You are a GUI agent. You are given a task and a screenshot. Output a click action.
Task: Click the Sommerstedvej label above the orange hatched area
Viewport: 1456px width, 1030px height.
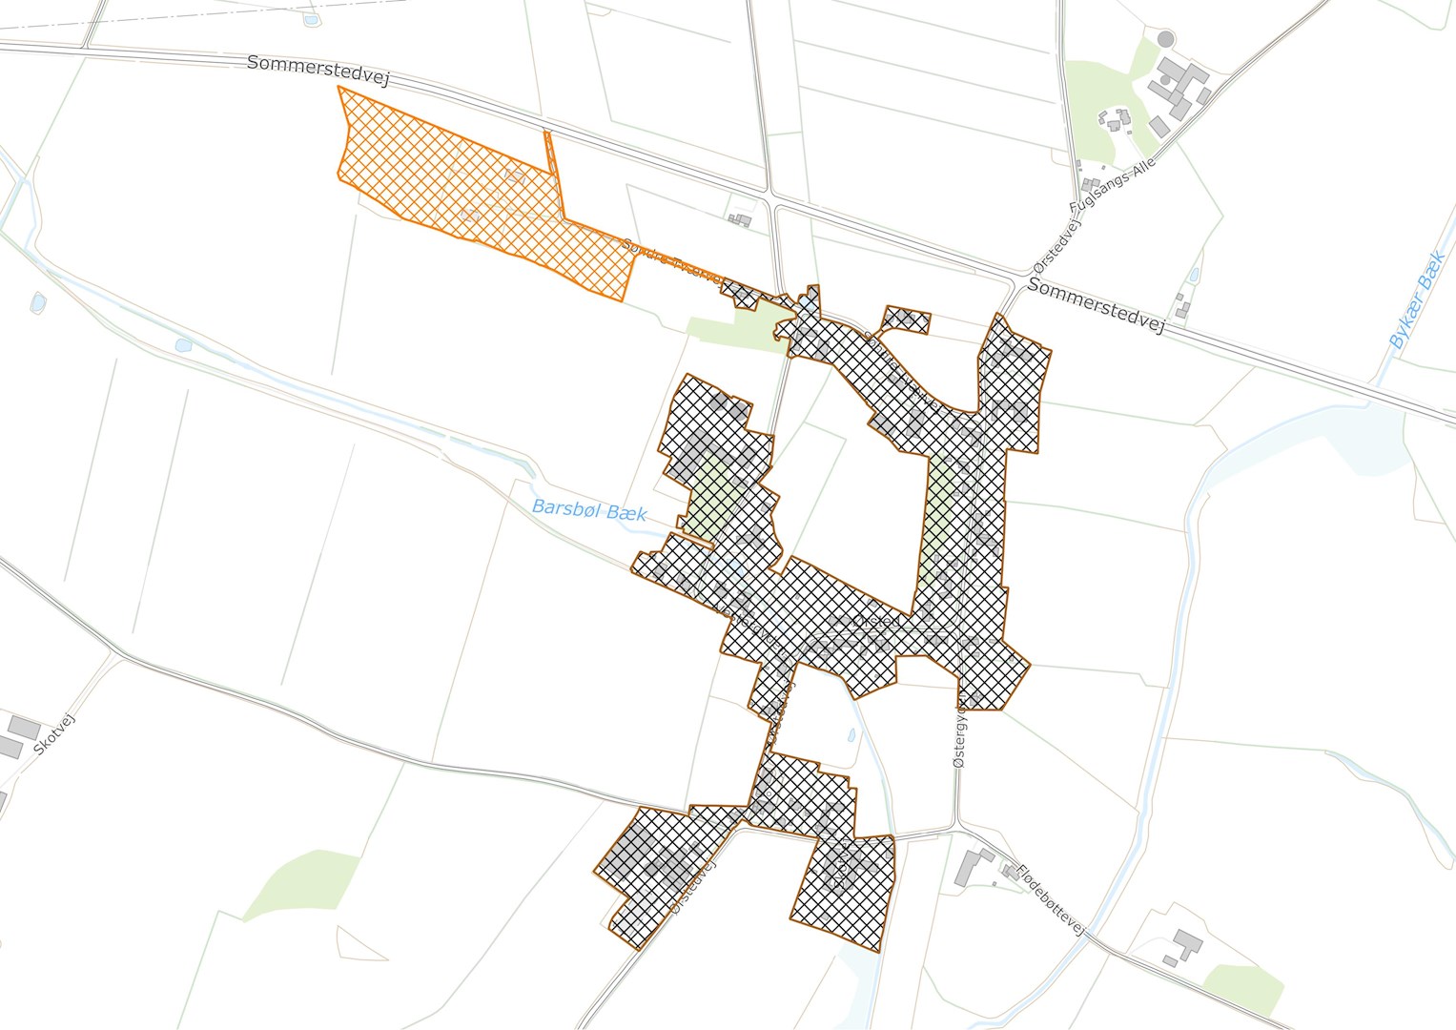tap(318, 70)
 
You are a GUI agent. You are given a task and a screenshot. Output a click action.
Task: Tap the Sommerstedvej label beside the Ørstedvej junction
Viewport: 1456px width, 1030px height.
tap(1097, 306)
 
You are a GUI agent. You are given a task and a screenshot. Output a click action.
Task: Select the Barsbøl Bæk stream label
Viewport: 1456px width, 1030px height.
tap(589, 510)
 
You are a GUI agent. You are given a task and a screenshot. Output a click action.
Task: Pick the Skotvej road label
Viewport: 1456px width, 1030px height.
tap(53, 733)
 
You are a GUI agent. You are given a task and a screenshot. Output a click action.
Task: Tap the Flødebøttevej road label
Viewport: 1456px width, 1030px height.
tap(1051, 900)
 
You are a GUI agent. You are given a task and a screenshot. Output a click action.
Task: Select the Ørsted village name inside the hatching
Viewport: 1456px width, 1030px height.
tap(876, 621)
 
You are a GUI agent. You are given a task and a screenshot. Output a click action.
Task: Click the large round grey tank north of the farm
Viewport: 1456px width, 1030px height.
tap(1165, 40)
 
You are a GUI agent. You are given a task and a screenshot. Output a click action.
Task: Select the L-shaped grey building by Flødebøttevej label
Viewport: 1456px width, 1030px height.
tap(972, 866)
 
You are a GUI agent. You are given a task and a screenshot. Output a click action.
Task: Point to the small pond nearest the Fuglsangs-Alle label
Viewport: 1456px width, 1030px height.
tap(1194, 276)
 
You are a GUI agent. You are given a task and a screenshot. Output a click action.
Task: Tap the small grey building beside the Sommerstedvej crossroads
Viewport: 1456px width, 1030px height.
tap(740, 220)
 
